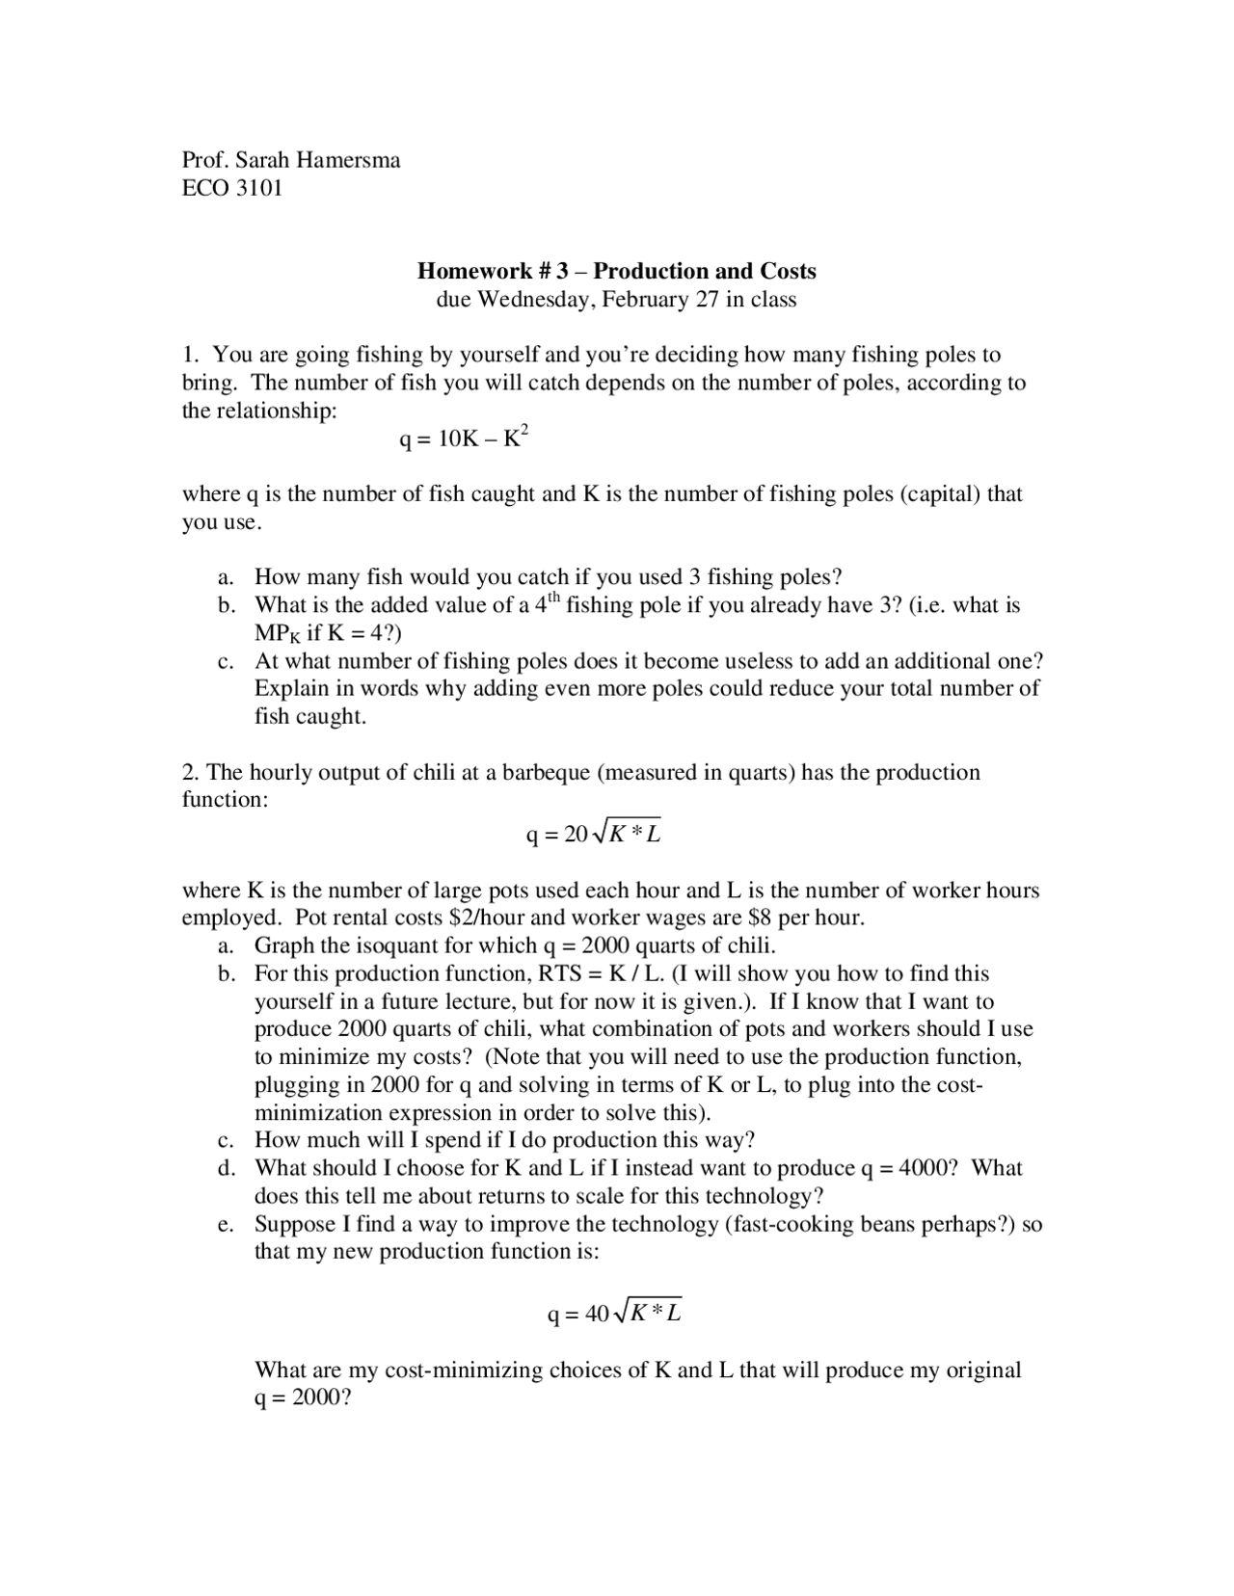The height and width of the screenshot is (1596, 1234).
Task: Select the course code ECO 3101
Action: click(232, 188)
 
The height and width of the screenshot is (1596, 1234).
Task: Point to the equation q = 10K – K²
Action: click(464, 439)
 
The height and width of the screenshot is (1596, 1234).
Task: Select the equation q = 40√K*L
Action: click(614, 1313)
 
